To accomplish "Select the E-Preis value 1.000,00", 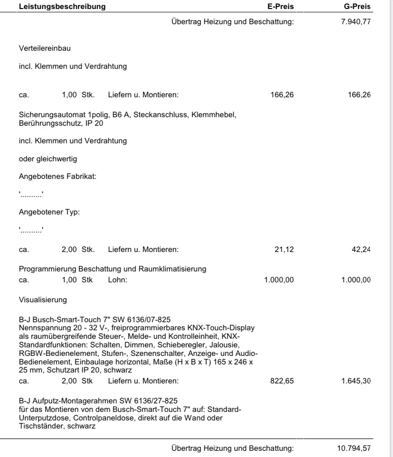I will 279,280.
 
